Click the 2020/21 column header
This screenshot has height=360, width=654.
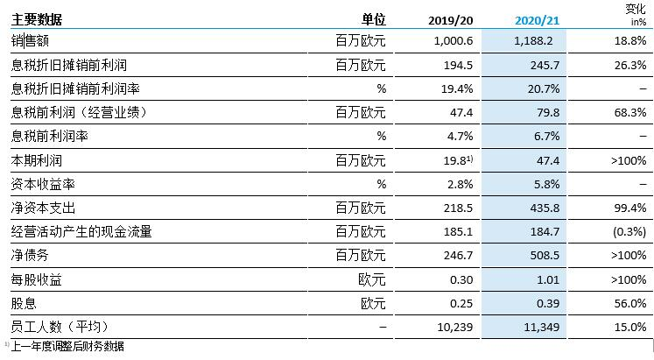click(x=537, y=20)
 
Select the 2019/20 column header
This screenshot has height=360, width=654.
click(x=451, y=20)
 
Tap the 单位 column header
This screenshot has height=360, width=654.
click(x=373, y=19)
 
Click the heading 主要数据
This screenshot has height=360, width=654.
click(x=37, y=19)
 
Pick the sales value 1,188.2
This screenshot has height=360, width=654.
click(x=533, y=41)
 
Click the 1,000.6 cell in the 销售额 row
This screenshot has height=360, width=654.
click(x=454, y=41)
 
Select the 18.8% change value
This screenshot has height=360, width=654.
click(x=630, y=41)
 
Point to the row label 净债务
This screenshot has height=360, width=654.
click(x=30, y=255)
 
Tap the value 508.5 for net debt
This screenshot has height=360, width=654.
click(x=545, y=255)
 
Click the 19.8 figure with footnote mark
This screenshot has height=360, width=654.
click(x=458, y=160)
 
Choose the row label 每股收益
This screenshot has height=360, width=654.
click(x=37, y=279)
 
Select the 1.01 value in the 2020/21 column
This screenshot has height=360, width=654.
click(x=548, y=279)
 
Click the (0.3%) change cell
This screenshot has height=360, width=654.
click(x=629, y=231)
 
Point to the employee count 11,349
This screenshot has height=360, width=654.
click(x=542, y=327)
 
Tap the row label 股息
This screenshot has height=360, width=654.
click(x=24, y=303)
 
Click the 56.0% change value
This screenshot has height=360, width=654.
click(x=630, y=303)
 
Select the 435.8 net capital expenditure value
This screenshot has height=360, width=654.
click(x=545, y=208)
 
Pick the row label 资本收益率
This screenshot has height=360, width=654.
click(x=43, y=184)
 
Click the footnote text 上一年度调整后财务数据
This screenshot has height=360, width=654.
click(x=67, y=346)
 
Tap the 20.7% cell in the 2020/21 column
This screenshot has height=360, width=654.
click(x=544, y=88)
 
